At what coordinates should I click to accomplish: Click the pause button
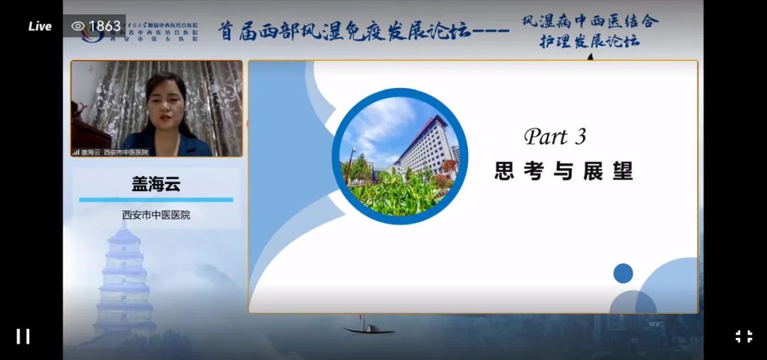click(23, 336)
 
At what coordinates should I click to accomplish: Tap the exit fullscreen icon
click(744, 336)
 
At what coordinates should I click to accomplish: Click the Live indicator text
click(40, 26)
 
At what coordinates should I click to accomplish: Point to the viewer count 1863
click(104, 26)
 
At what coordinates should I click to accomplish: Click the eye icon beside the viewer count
click(78, 26)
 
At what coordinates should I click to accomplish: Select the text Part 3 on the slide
click(555, 136)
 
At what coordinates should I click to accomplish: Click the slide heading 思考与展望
click(563, 170)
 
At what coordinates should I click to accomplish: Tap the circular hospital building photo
click(399, 156)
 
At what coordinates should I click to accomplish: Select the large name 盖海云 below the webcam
click(156, 185)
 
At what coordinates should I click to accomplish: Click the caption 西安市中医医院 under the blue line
click(156, 214)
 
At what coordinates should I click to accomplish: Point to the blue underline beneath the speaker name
click(156, 200)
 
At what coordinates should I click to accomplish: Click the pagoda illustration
click(125, 280)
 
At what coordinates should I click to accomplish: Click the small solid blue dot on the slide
click(623, 273)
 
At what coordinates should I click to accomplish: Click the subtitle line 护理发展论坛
click(589, 41)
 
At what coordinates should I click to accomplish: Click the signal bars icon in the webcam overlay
click(76, 152)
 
